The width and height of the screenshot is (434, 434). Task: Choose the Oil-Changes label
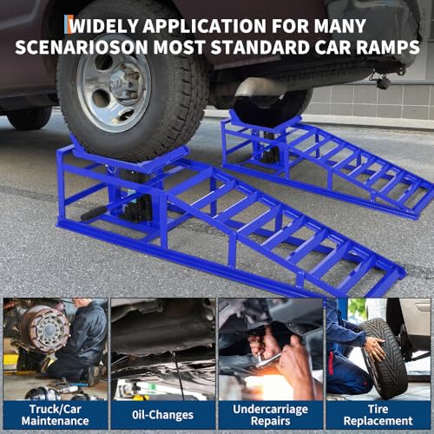pyautogui.click(x=162, y=415)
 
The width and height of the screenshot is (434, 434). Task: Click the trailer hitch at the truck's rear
pyautogui.click(x=382, y=81)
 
